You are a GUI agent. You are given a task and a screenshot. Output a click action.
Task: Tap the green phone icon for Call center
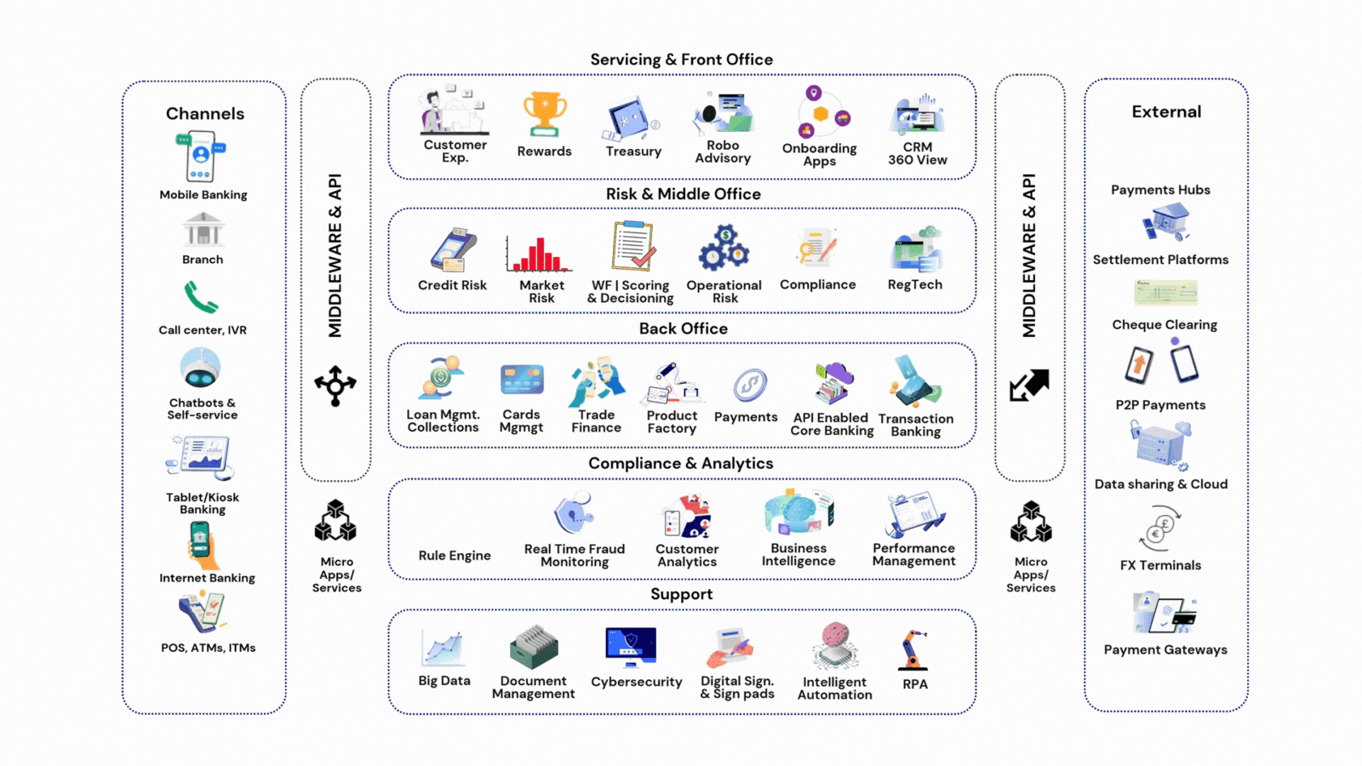click(201, 298)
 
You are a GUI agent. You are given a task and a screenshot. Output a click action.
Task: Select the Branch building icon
click(203, 230)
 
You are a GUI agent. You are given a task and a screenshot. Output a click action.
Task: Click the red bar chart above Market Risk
click(539, 254)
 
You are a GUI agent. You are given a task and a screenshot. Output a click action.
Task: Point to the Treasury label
click(633, 151)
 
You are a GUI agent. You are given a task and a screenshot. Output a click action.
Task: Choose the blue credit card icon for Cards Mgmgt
click(522, 380)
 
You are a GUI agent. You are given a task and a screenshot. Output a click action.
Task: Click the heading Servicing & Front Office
click(682, 60)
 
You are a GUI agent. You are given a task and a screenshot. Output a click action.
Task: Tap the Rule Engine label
click(455, 556)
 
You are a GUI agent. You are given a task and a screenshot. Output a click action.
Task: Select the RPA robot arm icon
click(913, 650)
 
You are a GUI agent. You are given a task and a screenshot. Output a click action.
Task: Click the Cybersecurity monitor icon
click(631, 647)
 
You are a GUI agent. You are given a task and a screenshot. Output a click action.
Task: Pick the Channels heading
click(205, 114)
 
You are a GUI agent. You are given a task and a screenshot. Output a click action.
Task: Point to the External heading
click(1166, 112)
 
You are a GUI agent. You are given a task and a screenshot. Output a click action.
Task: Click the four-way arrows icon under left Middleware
click(335, 386)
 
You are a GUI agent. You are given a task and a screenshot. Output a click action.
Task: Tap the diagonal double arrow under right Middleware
click(1029, 385)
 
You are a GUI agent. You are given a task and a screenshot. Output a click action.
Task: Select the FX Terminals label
click(1160, 565)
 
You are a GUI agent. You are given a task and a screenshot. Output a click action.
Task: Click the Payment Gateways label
click(1165, 649)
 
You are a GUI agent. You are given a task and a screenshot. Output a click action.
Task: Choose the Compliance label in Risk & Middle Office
click(817, 285)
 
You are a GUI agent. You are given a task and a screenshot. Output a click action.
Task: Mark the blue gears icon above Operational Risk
click(724, 249)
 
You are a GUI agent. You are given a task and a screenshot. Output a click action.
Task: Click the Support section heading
click(682, 594)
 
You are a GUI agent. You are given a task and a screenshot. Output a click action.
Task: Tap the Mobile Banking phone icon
click(200, 157)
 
